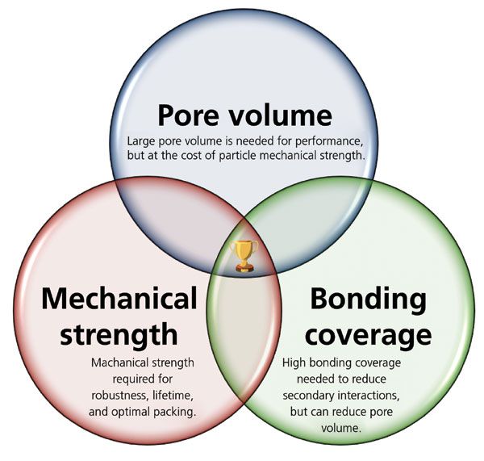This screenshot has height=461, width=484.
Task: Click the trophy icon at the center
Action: tap(243, 255)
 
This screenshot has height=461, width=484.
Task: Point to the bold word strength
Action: tap(119, 333)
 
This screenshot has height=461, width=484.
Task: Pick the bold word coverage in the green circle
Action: tap(368, 333)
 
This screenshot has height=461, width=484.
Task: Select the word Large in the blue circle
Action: tap(141, 140)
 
